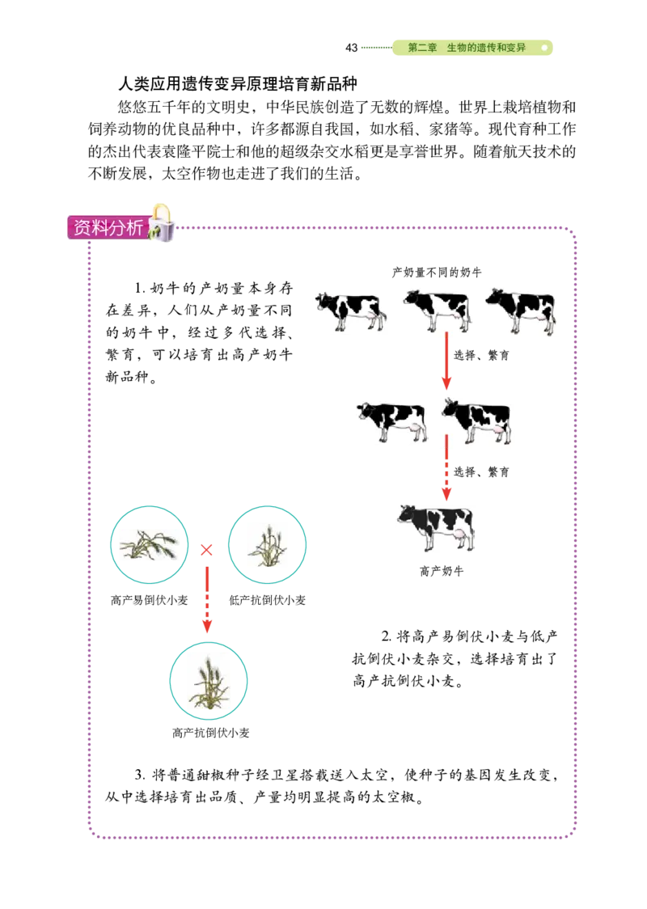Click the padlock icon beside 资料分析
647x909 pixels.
point(162,223)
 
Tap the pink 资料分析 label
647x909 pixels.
point(108,228)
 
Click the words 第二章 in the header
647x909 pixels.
point(422,49)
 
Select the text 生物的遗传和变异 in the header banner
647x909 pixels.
point(486,49)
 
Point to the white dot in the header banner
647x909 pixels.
point(544,49)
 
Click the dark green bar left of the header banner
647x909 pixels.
point(374,49)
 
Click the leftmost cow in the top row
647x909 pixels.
point(351,311)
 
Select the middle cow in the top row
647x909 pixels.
point(438,311)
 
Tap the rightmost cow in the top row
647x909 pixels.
point(522,311)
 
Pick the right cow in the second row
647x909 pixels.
point(477,421)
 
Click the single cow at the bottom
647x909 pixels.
point(437,530)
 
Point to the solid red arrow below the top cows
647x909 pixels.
point(446,364)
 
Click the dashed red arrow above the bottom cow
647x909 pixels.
point(446,471)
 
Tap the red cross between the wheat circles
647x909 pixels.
point(207,551)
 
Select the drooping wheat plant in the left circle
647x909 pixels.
point(148,543)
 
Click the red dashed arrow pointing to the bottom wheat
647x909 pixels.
point(207,600)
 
